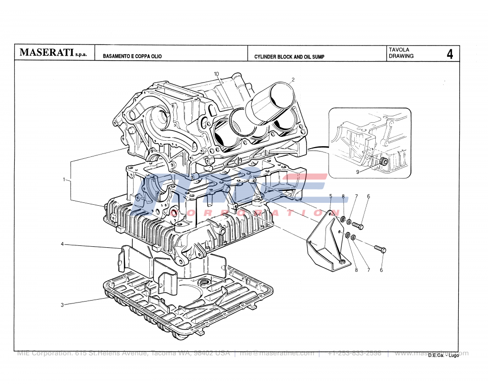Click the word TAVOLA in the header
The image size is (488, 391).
[399, 50]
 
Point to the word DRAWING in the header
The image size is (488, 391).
[401, 56]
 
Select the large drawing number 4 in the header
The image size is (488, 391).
[449, 54]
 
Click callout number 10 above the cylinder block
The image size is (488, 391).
[216, 73]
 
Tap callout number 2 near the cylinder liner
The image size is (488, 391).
[293, 79]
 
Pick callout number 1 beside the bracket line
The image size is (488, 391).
[64, 180]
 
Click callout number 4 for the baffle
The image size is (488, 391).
[62, 244]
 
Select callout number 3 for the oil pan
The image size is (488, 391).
[62, 305]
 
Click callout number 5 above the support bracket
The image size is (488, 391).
[330, 196]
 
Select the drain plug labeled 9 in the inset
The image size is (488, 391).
[384, 162]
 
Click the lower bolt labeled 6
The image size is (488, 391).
[380, 249]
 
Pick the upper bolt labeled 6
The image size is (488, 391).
[358, 226]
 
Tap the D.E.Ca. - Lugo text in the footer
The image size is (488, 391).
[443, 355]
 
